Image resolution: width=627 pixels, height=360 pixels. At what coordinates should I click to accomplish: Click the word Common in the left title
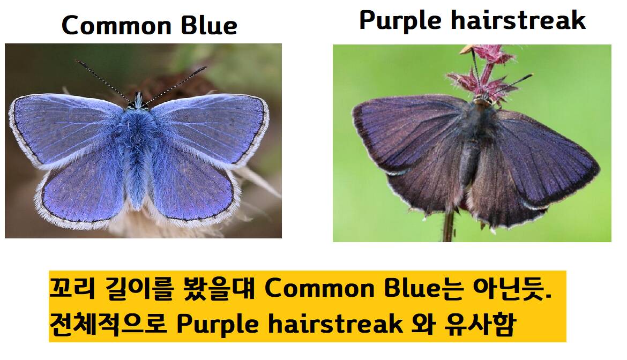(117, 26)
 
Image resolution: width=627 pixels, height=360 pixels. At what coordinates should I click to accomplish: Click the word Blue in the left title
(209, 25)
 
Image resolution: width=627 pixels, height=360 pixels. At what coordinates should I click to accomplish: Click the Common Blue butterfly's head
(138, 100)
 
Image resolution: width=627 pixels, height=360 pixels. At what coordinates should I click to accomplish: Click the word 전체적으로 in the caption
(108, 324)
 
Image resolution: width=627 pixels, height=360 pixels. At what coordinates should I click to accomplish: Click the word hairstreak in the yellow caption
(335, 323)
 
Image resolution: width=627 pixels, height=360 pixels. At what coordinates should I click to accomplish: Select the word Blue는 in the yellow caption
(423, 288)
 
